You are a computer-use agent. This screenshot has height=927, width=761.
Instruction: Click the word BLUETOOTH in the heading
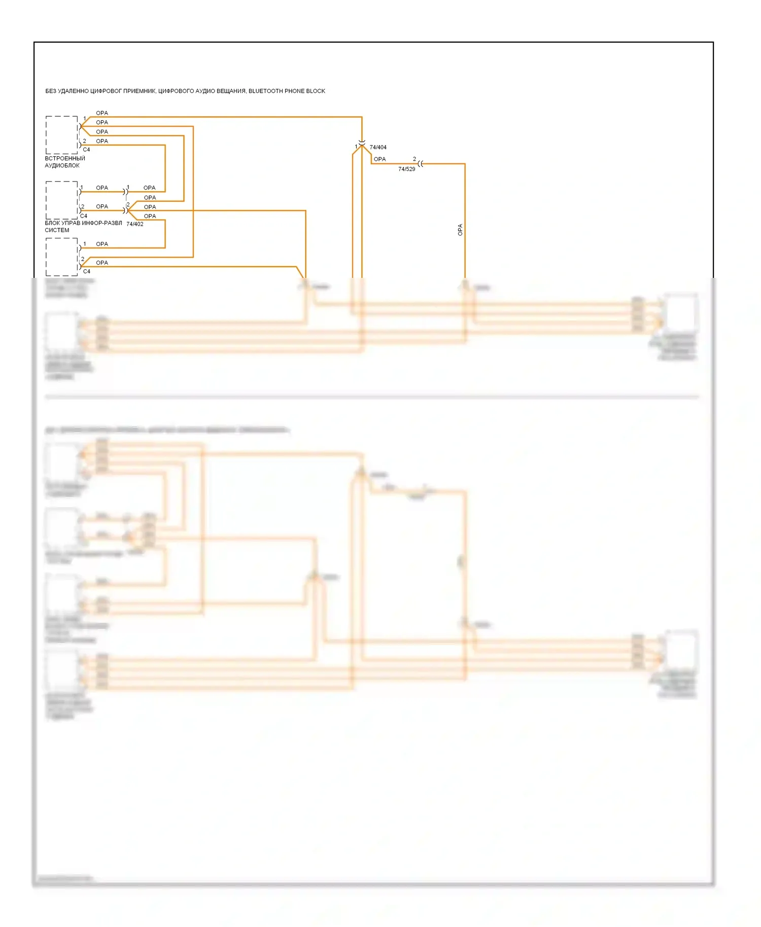click(265, 91)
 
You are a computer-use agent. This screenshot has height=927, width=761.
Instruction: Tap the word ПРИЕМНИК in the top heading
click(139, 91)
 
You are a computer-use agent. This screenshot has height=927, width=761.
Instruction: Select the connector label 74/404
click(378, 148)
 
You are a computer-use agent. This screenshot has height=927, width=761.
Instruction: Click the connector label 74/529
click(406, 169)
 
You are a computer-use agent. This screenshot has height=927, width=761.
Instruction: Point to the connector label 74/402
click(135, 224)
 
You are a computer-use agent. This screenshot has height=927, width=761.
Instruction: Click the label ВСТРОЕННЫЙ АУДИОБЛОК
click(64, 162)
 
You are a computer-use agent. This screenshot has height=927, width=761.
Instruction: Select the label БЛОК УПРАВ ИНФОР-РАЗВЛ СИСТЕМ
click(83, 227)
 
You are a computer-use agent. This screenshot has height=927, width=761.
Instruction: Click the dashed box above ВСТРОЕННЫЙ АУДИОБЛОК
click(62, 135)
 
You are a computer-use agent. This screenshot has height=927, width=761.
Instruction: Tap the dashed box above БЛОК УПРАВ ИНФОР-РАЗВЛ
click(62, 200)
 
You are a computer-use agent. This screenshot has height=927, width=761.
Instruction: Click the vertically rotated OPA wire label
click(460, 230)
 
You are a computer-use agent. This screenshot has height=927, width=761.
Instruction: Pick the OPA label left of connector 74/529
click(379, 159)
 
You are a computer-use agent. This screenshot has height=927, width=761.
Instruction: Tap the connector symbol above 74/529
click(421, 164)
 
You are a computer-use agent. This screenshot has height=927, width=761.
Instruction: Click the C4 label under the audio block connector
click(86, 150)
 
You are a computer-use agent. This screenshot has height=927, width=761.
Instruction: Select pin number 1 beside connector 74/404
click(356, 147)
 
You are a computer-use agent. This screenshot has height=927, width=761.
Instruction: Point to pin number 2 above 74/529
click(414, 159)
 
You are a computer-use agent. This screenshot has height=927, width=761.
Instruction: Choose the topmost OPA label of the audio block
click(102, 113)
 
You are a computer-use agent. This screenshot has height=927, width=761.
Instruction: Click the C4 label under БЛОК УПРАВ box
click(84, 216)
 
